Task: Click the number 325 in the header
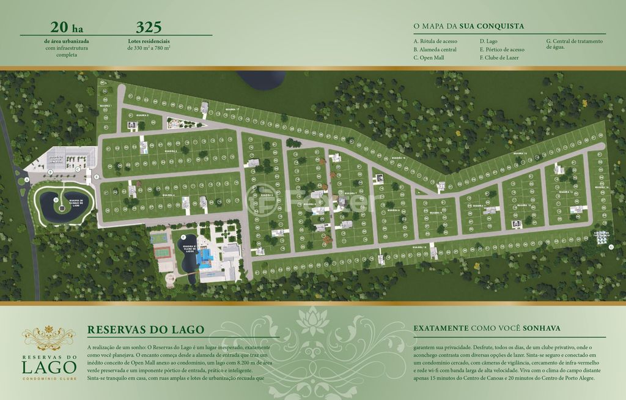coord(149,27)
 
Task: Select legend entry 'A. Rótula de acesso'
coord(435,41)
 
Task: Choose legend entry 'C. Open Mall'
coord(429,57)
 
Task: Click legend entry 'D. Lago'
coord(488,41)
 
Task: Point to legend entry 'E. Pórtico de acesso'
coord(502,50)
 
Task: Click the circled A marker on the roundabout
coord(26,180)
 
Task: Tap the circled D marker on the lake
coord(56,199)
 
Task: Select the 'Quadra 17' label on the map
coord(231,110)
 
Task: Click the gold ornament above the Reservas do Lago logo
coord(48,335)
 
